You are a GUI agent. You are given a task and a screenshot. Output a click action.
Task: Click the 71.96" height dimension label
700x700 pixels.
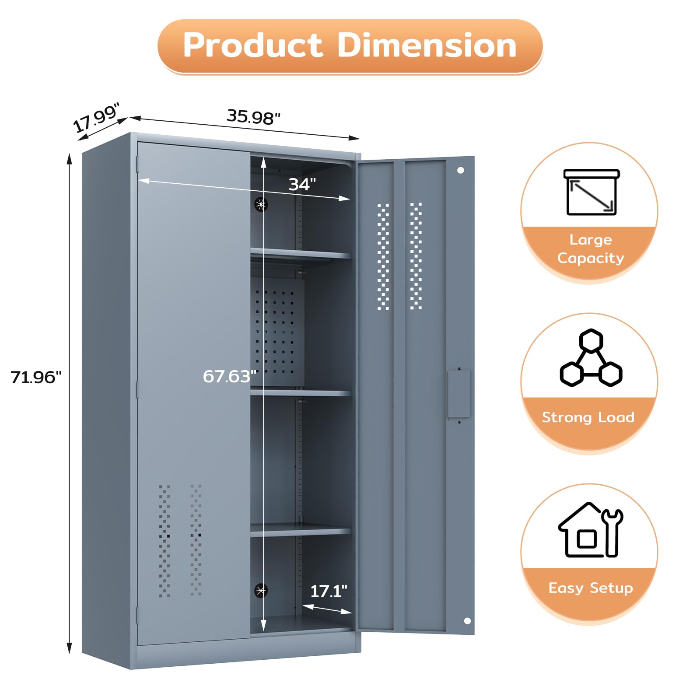[36, 377]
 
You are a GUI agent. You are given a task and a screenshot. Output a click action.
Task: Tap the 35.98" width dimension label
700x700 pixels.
[253, 117]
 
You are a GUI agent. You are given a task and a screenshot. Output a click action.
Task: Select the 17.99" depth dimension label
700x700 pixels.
[96, 118]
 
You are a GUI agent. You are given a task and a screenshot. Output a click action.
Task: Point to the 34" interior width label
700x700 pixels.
[302, 185]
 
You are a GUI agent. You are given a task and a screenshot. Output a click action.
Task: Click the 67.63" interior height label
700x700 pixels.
[229, 376]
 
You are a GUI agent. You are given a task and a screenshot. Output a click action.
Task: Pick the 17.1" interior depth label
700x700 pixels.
[329, 591]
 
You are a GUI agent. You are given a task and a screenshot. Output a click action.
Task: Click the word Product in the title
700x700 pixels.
[252, 45]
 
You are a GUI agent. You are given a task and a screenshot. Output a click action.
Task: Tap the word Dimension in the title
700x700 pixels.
[427, 45]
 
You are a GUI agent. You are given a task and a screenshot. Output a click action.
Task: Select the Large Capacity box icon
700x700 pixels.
[591, 192]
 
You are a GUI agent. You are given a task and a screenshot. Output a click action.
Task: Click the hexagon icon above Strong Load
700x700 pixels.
[591, 359]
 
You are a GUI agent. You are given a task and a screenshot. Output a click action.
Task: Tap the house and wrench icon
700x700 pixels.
[591, 530]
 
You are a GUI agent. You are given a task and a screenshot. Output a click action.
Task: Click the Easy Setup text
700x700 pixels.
[591, 588]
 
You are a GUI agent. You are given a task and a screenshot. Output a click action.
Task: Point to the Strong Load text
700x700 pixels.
[588, 417]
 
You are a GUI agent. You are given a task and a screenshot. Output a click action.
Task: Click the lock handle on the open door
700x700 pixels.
[459, 394]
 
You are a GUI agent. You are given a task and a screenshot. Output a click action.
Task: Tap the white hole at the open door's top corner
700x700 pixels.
[460, 170]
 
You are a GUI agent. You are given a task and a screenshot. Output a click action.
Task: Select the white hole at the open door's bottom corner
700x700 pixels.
[467, 621]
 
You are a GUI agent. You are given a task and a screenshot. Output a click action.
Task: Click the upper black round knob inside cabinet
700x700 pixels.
[261, 204]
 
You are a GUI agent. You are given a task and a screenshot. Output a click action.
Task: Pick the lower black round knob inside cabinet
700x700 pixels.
[261, 591]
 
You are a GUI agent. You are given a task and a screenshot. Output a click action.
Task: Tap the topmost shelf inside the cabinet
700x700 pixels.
[301, 254]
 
